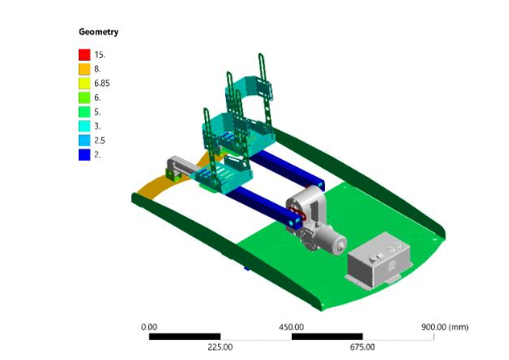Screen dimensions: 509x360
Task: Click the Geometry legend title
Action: click(98, 32)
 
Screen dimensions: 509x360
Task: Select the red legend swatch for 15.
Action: click(84, 55)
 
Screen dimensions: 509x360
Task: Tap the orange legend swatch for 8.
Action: click(84, 69)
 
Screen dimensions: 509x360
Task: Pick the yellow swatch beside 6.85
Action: click(84, 83)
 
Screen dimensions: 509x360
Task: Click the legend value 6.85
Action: click(102, 84)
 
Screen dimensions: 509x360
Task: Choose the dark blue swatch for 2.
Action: click(84, 155)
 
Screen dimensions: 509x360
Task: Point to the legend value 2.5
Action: click(100, 141)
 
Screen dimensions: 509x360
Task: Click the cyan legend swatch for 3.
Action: click(84, 126)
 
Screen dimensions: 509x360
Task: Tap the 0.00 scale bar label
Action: click(149, 327)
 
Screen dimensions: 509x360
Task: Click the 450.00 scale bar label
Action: click(291, 327)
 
